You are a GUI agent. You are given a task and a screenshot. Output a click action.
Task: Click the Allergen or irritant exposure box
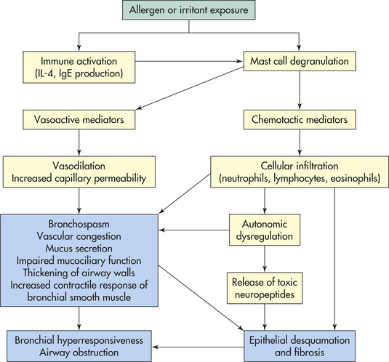click(189, 10)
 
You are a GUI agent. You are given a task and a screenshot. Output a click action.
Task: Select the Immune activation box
click(79, 67)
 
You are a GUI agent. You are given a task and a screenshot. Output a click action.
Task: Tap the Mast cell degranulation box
click(300, 61)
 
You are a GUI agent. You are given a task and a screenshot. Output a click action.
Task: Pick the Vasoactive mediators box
click(79, 119)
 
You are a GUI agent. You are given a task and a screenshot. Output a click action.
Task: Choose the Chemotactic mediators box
click(300, 119)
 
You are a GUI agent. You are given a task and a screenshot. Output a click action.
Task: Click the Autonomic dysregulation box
click(265, 230)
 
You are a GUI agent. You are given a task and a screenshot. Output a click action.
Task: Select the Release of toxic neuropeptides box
click(265, 288)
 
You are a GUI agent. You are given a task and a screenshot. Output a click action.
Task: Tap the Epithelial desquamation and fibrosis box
click(300, 346)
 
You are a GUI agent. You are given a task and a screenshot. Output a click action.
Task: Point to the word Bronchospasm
click(79, 224)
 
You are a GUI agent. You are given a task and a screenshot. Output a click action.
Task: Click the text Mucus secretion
click(79, 249)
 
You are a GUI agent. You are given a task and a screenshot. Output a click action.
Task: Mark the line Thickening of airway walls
click(79, 273)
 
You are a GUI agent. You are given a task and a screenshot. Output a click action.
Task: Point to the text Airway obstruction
click(79, 353)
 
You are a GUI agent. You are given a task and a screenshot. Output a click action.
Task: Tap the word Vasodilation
click(79, 166)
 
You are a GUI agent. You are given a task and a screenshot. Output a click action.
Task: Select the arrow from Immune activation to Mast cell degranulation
click(189, 61)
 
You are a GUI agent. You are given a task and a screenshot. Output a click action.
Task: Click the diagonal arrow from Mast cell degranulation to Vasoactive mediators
click(190, 88)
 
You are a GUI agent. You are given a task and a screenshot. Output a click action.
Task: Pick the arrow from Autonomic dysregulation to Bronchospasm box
click(194, 230)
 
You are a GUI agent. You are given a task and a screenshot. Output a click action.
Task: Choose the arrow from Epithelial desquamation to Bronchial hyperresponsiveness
click(198, 347)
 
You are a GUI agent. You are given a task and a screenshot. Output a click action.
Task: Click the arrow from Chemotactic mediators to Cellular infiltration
click(300, 142)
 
